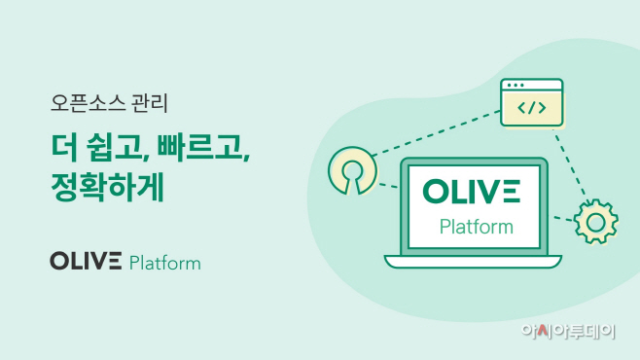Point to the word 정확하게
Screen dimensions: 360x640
tap(107, 187)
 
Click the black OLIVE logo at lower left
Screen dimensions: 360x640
tap(86, 262)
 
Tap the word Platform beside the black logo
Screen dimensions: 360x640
tap(164, 263)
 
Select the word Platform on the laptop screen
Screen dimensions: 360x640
tap(476, 228)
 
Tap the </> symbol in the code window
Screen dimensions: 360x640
tap(531, 108)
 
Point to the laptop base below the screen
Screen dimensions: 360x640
tap(475, 261)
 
